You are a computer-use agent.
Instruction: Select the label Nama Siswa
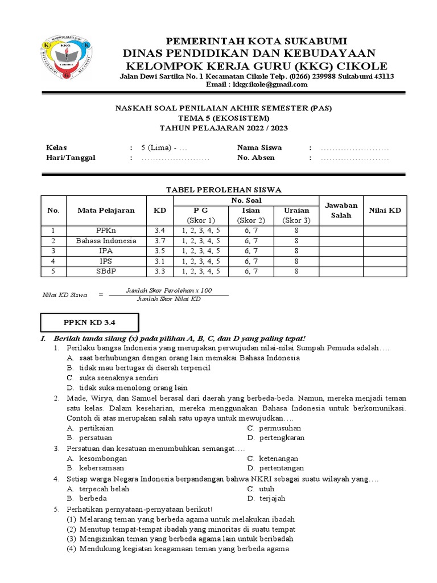(x=259, y=147)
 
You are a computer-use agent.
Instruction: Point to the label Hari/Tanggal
(x=70, y=158)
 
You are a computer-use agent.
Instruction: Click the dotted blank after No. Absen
(x=354, y=158)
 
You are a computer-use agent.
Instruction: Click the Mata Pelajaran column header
(x=106, y=210)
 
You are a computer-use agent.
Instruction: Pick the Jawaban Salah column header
(x=340, y=210)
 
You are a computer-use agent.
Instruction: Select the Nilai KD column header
(x=385, y=210)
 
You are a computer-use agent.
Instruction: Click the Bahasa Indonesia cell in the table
(x=106, y=241)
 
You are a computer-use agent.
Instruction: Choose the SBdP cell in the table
(x=106, y=272)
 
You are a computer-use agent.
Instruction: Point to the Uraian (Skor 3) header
(x=296, y=215)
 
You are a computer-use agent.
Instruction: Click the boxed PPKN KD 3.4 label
(x=88, y=323)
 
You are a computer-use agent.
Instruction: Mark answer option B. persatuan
(x=89, y=438)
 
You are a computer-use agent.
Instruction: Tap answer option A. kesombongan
(x=96, y=458)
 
